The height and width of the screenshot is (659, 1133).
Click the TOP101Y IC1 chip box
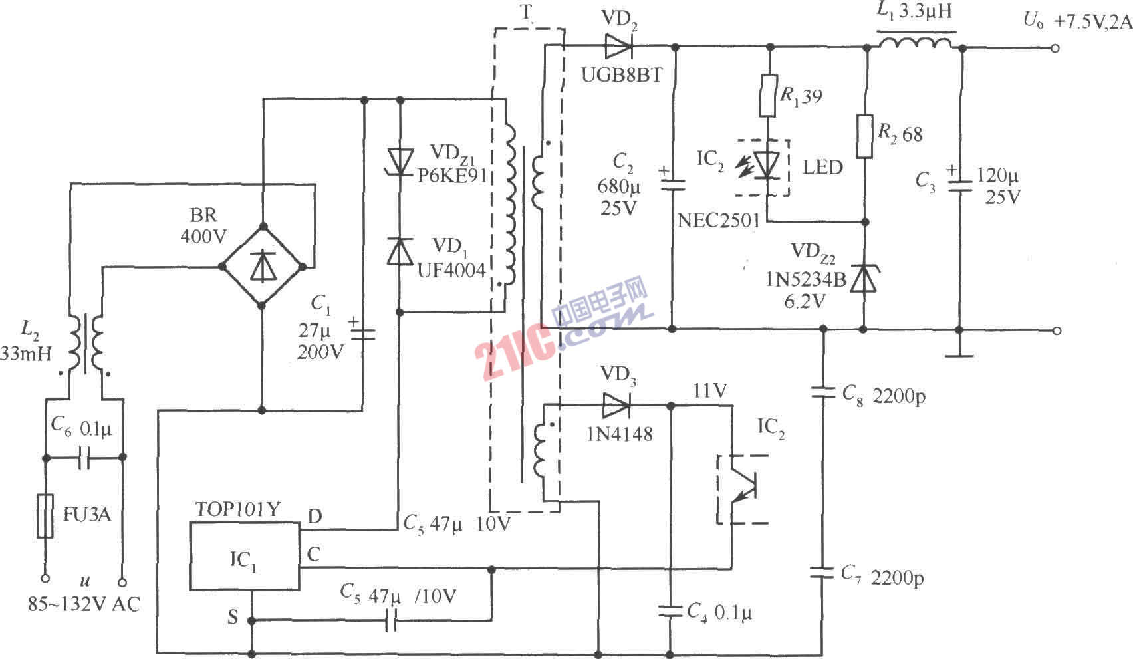coord(244,555)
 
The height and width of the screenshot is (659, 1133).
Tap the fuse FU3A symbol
coord(46,515)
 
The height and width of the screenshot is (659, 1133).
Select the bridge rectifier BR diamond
coord(262,267)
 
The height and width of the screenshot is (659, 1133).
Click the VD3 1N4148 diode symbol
coord(616,404)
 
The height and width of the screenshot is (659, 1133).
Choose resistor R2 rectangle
coord(864,136)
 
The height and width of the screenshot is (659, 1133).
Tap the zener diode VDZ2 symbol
coord(864,278)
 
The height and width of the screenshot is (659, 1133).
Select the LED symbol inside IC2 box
coord(768,165)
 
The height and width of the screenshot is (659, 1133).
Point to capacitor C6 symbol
coord(84,458)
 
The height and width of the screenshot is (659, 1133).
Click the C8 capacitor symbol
coord(823,394)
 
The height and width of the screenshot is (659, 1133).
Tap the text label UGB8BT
coord(622,75)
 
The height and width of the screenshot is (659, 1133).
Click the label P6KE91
coord(452,176)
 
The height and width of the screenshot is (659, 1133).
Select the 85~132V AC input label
coord(84,604)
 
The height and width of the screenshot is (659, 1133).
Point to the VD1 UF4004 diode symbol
coord(400,252)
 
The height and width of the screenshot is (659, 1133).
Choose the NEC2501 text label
coord(719,221)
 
